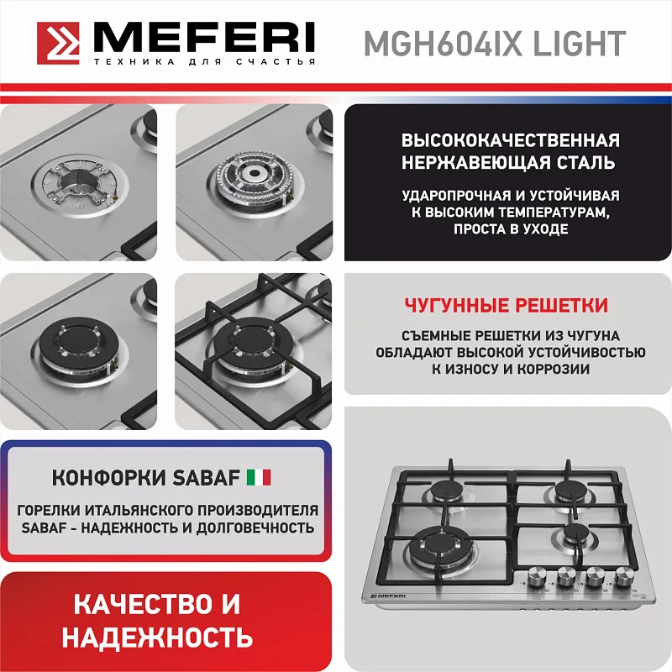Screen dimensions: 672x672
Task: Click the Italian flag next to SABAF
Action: (x=259, y=478)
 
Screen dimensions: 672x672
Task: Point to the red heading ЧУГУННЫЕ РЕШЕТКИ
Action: (x=506, y=305)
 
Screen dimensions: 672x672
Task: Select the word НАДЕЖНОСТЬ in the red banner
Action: (x=157, y=636)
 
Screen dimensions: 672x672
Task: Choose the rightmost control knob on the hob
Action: (x=623, y=576)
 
